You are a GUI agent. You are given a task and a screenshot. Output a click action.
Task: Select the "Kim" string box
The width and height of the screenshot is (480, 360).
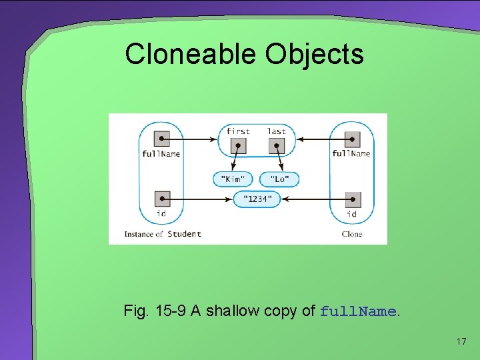[233, 179]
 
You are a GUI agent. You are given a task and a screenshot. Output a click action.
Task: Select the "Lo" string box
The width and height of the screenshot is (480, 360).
[279, 179]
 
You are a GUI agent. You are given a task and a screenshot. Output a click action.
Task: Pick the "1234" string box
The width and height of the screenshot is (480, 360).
[257, 199]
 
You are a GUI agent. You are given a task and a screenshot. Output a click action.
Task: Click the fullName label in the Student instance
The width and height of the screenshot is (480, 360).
[161, 154]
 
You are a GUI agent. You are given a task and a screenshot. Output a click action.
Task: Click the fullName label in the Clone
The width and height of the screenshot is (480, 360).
[351, 154]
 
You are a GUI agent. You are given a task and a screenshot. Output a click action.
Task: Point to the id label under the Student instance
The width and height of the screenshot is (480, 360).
[161, 213]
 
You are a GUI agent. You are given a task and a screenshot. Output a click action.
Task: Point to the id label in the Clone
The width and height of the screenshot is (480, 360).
[351, 214]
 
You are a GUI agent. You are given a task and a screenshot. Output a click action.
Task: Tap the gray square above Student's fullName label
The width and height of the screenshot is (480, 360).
[161, 139]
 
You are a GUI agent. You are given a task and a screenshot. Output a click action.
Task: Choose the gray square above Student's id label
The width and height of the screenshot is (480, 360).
[161, 199]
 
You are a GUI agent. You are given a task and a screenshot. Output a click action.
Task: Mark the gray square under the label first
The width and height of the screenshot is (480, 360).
[238, 146]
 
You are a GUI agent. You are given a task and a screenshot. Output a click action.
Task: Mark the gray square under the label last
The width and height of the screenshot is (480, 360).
[277, 146]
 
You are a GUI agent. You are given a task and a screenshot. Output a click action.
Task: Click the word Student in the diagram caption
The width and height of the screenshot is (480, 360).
[184, 234]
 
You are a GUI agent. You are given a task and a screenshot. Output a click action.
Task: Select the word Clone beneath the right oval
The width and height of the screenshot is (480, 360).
[351, 234]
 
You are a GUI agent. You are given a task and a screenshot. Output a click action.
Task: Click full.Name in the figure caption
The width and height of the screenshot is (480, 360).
[359, 311]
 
